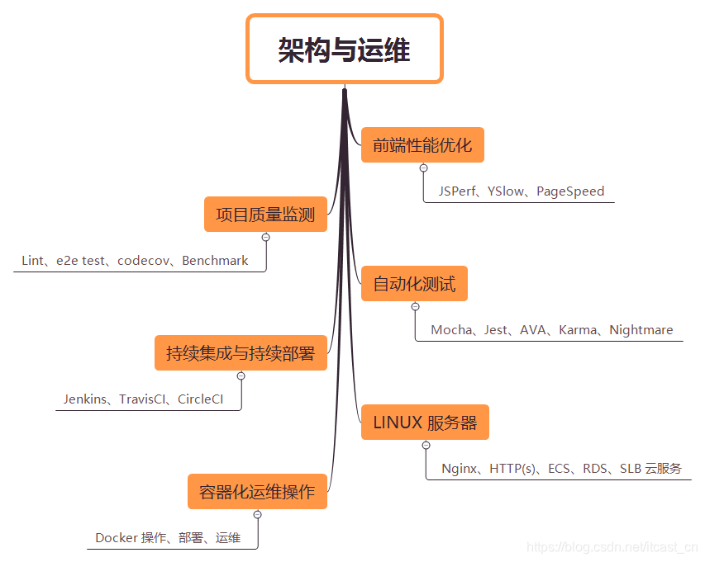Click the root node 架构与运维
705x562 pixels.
(x=345, y=50)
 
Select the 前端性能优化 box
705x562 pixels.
(x=422, y=145)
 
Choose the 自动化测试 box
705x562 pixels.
(x=414, y=285)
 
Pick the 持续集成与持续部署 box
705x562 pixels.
(x=241, y=353)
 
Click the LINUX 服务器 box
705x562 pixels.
(x=425, y=423)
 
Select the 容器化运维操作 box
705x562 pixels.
(x=257, y=492)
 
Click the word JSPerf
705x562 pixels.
(x=457, y=191)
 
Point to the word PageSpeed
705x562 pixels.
(x=570, y=191)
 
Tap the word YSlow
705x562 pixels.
(x=506, y=191)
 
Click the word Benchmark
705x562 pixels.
(x=215, y=261)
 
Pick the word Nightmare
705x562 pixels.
(x=641, y=330)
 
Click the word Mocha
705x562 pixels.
(x=451, y=330)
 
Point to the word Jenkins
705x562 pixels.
(x=85, y=399)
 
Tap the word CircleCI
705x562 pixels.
(x=201, y=399)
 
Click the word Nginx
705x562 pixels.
(x=459, y=469)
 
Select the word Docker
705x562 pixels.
(x=116, y=538)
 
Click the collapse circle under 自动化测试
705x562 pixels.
(x=415, y=307)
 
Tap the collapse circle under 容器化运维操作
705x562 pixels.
(x=258, y=514)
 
